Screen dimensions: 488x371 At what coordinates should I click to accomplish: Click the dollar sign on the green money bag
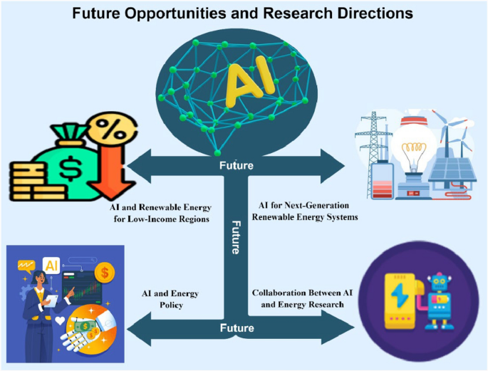pos(71,168)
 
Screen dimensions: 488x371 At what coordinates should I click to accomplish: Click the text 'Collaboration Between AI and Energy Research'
pos(298,298)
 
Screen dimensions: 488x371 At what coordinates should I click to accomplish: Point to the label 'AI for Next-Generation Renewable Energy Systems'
pos(306,211)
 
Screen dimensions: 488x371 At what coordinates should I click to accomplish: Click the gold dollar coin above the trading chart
pos(105,271)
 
